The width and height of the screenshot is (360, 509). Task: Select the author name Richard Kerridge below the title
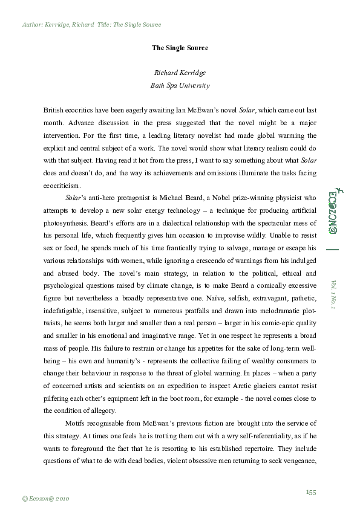tap(180, 73)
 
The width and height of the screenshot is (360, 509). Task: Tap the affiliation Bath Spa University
tap(180, 86)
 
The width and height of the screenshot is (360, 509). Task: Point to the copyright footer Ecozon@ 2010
tap(46, 498)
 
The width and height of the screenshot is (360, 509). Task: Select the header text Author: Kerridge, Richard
tap(57, 25)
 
